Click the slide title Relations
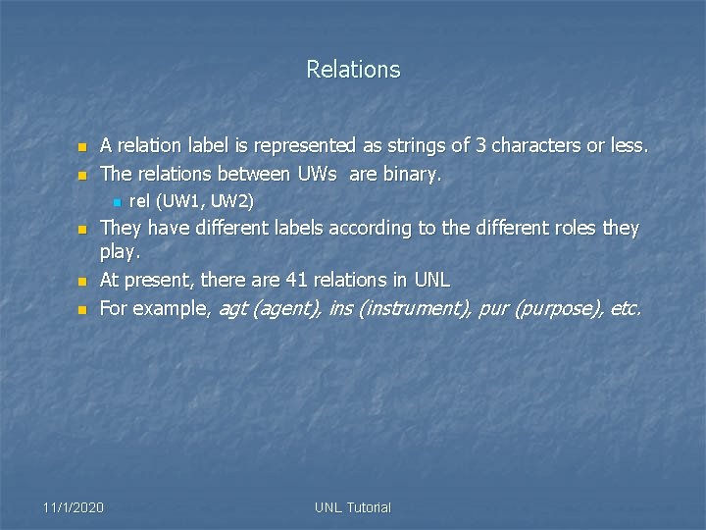click(353, 70)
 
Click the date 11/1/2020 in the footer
click(73, 507)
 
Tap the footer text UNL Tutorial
click(353, 507)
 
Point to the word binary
click(415, 175)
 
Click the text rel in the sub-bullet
click(139, 202)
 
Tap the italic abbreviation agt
click(232, 309)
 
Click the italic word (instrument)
click(415, 309)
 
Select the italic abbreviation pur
click(496, 309)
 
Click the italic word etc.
click(626, 309)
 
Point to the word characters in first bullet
click(535, 146)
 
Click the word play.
click(120, 253)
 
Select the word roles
click(572, 229)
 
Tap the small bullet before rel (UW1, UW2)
click(116, 203)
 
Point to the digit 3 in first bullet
click(480, 146)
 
